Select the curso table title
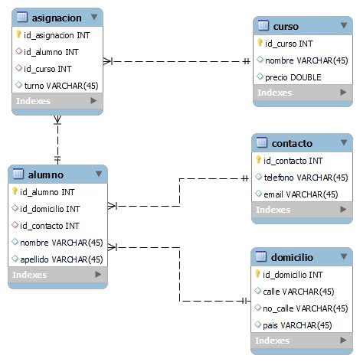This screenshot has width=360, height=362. point(286,26)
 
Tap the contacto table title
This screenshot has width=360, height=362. point(292,143)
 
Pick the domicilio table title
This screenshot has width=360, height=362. point(293,256)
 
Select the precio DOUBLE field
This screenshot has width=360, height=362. point(294,77)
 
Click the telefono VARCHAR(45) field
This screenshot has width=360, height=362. point(300,178)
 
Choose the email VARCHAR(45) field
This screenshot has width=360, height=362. point(300,194)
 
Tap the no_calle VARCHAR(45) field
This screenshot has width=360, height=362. point(304,308)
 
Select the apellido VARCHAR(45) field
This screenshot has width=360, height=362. point(61,259)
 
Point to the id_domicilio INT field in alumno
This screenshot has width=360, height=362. point(51,208)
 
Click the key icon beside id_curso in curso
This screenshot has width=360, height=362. point(260,43)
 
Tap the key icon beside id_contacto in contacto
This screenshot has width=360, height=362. point(259,161)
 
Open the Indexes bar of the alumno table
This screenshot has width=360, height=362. point(57,275)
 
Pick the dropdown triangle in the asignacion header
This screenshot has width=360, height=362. point(94,16)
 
